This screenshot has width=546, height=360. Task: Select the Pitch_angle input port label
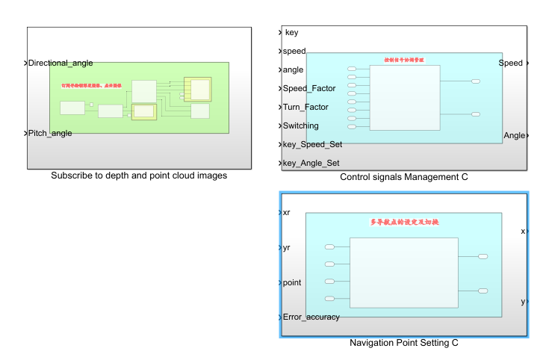50,133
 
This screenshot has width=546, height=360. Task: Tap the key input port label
291,33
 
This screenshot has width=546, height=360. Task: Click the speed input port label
294,52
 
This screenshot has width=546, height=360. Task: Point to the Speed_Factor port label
309,89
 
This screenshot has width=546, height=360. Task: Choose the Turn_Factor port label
306,108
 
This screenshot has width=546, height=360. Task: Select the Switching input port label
300,126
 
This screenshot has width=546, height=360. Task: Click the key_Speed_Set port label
311,145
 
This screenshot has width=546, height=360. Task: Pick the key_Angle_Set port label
311,164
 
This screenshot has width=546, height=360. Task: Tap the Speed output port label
511,63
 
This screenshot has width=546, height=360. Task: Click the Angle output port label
515,135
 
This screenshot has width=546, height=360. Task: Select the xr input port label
287,213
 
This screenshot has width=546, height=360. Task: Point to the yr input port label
287,248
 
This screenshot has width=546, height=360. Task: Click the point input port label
292,283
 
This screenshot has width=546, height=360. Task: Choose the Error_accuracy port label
311,317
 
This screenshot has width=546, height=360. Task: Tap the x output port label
523,232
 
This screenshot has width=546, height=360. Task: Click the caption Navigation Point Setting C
404,343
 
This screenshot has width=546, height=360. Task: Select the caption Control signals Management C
404,177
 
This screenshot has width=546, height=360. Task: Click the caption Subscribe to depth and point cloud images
139,176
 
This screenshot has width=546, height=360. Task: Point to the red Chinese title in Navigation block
403,222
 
